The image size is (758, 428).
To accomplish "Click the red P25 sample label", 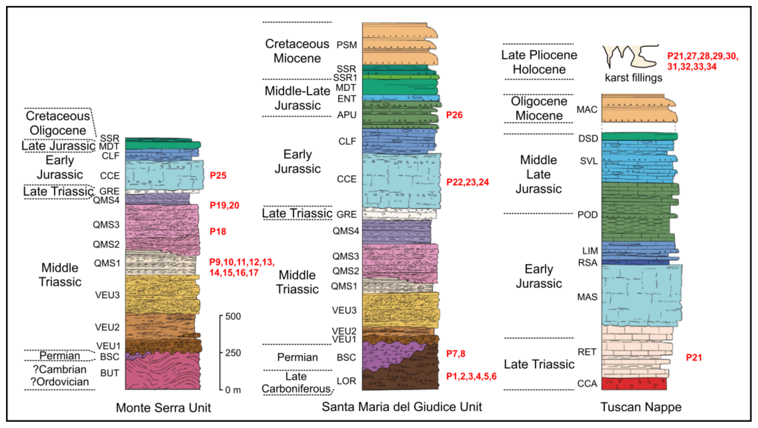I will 218,176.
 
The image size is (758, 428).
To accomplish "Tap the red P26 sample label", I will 454,115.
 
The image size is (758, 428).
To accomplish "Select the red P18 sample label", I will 218,232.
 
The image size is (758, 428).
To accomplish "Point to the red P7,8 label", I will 455,353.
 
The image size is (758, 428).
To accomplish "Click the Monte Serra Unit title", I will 163,408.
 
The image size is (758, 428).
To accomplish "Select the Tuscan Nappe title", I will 641,407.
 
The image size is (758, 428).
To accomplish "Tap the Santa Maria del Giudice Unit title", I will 402,407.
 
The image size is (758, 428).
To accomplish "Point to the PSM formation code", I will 347,45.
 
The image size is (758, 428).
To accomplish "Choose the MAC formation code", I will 587,110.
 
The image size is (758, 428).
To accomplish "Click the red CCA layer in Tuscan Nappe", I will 634,384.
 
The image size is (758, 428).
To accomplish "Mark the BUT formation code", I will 110,373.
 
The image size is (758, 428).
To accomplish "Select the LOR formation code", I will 346,381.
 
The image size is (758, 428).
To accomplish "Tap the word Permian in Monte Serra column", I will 60,356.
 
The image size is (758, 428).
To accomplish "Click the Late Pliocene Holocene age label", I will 539,62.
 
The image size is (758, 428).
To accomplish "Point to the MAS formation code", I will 587,297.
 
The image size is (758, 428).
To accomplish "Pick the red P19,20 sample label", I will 224,205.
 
